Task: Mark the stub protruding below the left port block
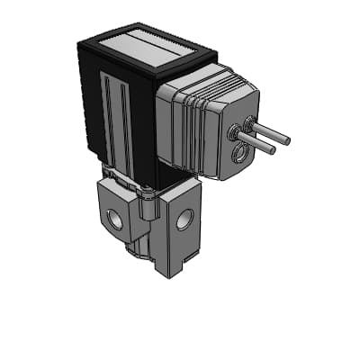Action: (134, 247)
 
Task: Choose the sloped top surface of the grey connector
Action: (207, 85)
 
